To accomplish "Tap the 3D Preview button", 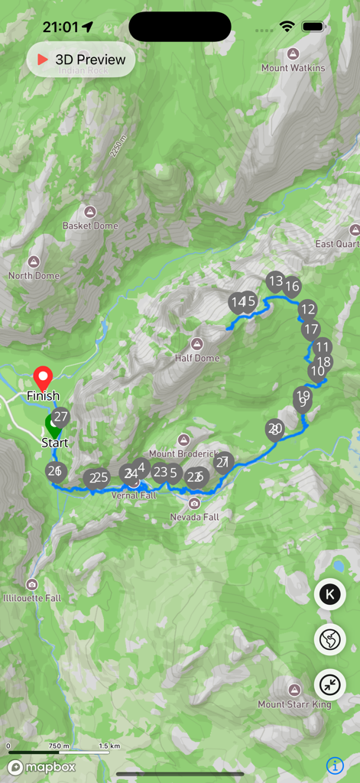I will click(x=81, y=60).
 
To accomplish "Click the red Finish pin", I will click(x=44, y=379).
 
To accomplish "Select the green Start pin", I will click(x=52, y=426).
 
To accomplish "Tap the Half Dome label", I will click(x=197, y=358).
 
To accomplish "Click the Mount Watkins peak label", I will click(x=293, y=67).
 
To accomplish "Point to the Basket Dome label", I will click(x=90, y=226).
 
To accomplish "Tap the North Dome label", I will click(x=34, y=275).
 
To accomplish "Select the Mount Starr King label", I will click(x=294, y=704).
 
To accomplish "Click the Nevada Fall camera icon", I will click(x=194, y=503).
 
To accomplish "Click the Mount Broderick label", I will click(x=183, y=454).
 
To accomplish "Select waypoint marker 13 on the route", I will click(x=275, y=281).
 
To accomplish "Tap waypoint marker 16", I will click(x=292, y=287).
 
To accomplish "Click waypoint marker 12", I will click(x=307, y=310).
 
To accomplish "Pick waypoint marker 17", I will click(x=310, y=330).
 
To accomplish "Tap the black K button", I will click(x=331, y=594).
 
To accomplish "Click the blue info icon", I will click(x=335, y=765).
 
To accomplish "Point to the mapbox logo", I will click(x=42, y=767).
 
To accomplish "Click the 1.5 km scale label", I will click(x=109, y=746).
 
